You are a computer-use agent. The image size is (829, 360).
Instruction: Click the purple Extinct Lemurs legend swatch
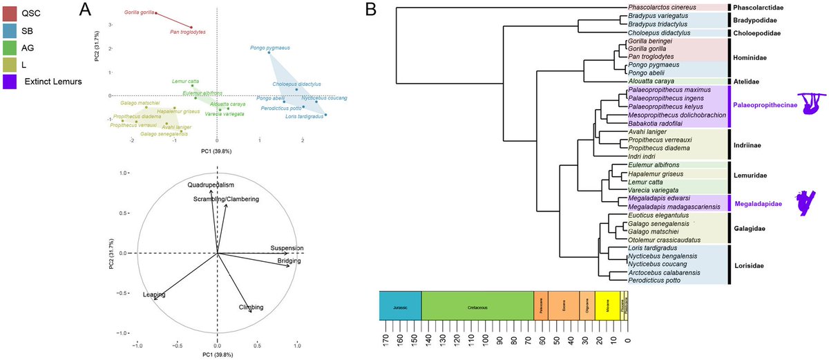11,82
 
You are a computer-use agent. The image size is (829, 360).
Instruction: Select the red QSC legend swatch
11,12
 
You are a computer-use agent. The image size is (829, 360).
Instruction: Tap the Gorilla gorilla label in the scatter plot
139,12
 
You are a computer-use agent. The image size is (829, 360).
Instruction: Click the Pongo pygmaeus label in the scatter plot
269,48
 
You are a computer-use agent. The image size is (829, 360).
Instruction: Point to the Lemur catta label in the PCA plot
184,82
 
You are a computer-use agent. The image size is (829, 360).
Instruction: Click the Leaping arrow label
154,294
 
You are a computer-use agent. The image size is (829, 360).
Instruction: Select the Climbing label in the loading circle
251,307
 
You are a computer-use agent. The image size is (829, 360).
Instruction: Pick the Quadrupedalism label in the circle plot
211,185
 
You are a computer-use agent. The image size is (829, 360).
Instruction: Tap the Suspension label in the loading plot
287,248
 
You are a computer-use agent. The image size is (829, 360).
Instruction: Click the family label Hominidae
751,59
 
